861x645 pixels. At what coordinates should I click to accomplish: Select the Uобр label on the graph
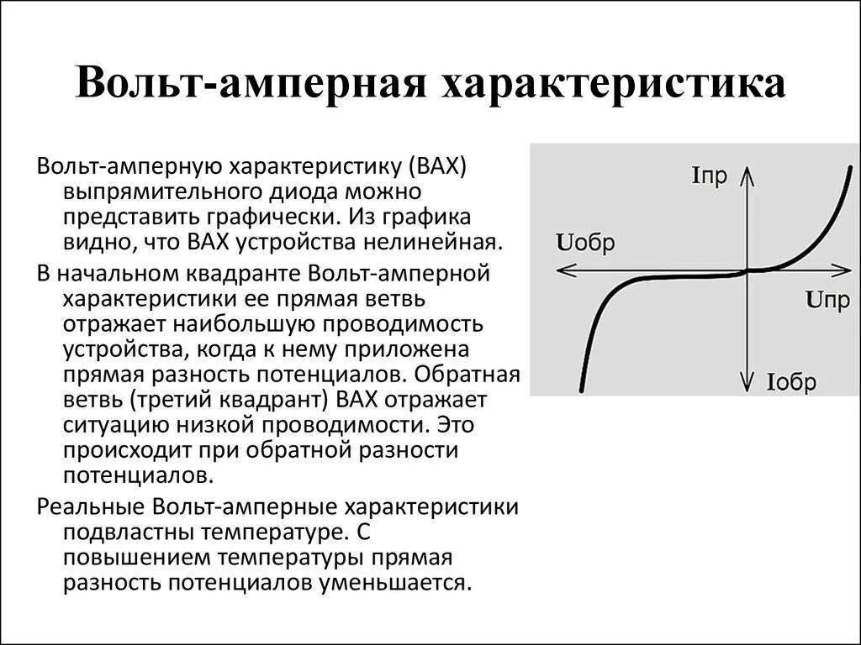click(x=585, y=244)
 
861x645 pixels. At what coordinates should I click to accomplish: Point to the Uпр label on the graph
click(x=827, y=300)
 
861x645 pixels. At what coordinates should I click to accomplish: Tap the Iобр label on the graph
click(x=791, y=383)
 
